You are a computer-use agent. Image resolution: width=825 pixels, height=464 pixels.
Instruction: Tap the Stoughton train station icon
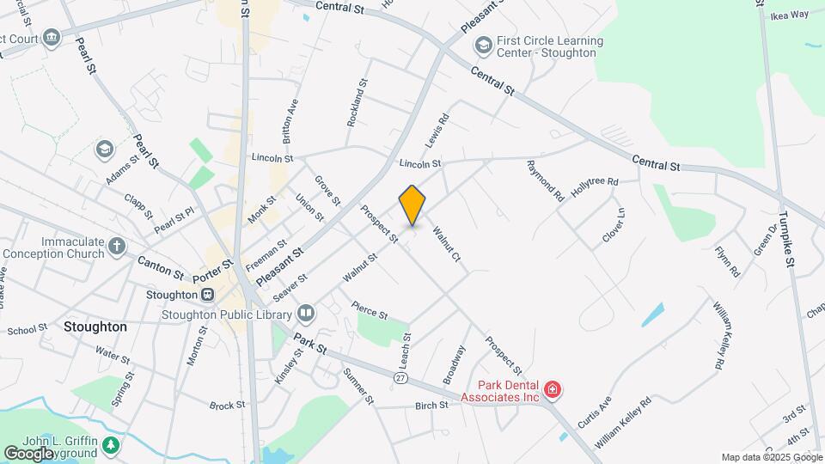[208, 295]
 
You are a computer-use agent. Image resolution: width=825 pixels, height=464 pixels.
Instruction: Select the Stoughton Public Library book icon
[305, 313]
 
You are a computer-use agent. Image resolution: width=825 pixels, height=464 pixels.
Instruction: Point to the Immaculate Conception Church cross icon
[117, 247]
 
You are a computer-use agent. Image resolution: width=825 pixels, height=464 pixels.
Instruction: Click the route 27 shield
[401, 378]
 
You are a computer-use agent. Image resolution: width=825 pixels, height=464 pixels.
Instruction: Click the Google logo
[28, 453]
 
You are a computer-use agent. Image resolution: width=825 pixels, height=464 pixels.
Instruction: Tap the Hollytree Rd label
[595, 183]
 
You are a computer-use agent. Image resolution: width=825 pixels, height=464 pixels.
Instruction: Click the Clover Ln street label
[613, 224]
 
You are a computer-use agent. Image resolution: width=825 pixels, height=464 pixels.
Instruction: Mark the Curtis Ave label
[595, 412]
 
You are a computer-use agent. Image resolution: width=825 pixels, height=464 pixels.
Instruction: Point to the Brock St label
[227, 406]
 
